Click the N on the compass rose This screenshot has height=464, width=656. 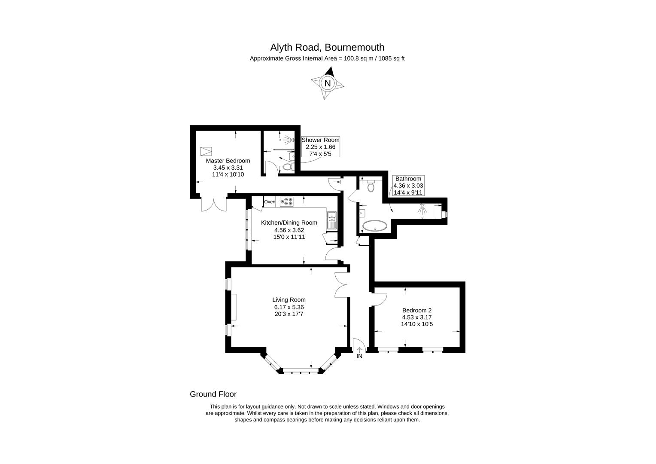pyautogui.click(x=328, y=83)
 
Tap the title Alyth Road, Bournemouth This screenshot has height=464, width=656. pyautogui.click(x=327, y=47)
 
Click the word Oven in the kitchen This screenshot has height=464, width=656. pyautogui.click(x=270, y=201)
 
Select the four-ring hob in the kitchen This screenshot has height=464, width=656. pyautogui.click(x=286, y=201)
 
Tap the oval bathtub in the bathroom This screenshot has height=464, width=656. pyautogui.click(x=375, y=226)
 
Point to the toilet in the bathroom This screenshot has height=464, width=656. pyautogui.click(x=371, y=186)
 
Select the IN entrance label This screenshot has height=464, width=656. pyautogui.click(x=359, y=356)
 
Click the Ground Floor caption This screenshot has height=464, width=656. pyautogui.click(x=213, y=394)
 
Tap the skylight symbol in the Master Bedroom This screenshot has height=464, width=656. pyautogui.click(x=207, y=151)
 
